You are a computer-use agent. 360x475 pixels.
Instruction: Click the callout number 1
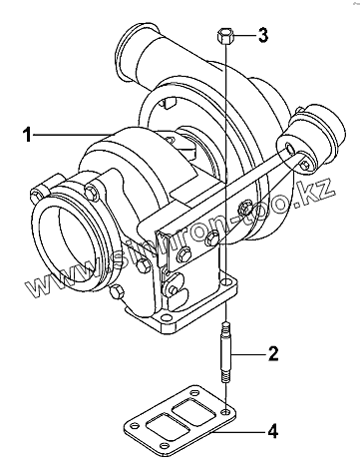[28, 135]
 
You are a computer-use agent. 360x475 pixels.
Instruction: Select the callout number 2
[273, 353]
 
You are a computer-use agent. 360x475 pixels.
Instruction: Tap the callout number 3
[263, 35]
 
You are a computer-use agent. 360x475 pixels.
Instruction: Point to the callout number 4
[272, 431]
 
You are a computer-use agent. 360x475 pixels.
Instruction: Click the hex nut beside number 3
[224, 36]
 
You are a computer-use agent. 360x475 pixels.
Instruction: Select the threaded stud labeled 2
[225, 352]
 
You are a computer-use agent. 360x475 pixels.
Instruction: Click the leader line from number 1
[73, 135]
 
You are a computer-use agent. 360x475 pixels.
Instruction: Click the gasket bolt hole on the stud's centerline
[225, 412]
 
